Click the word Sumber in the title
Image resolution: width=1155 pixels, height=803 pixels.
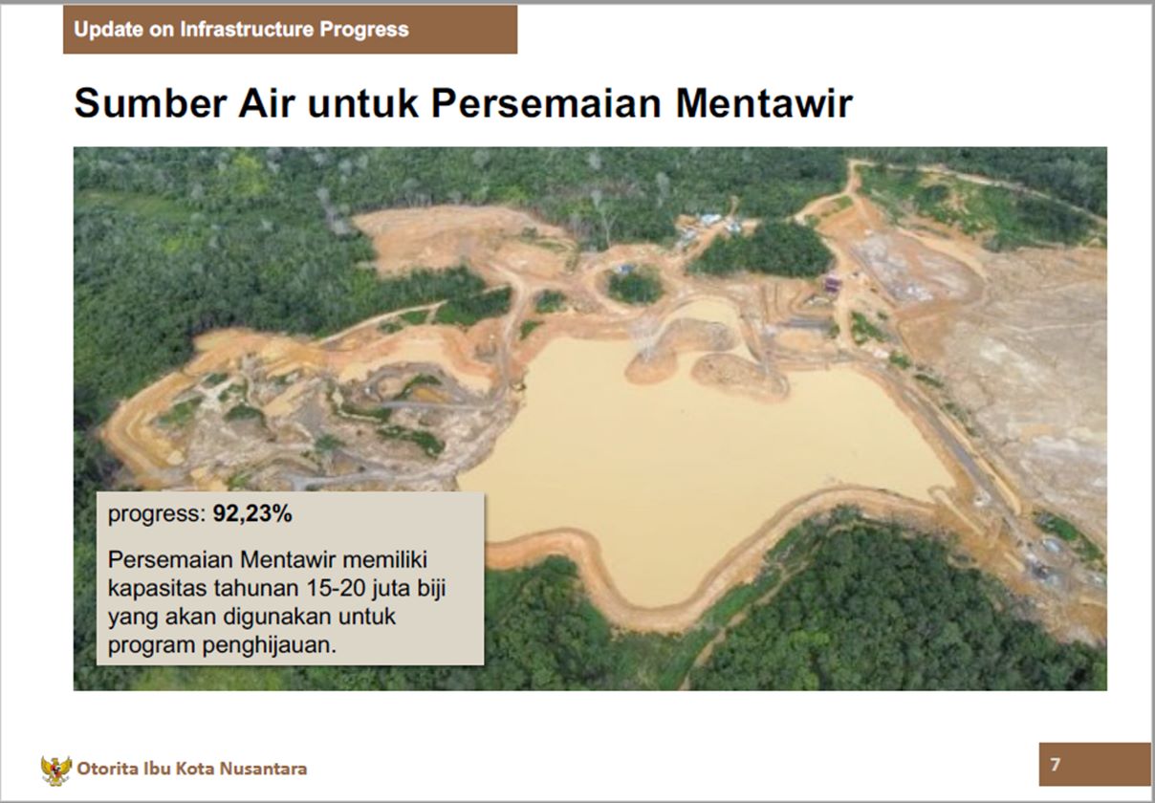[150, 103]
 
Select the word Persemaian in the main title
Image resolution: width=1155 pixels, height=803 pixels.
[546, 103]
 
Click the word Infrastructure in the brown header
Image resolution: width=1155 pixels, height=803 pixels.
[247, 30]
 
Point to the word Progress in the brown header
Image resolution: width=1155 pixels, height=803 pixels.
[364, 30]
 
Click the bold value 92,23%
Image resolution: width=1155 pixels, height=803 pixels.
[252, 513]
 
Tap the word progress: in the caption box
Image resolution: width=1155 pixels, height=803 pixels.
[157, 514]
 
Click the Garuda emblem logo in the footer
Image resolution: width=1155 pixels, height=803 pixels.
[56, 770]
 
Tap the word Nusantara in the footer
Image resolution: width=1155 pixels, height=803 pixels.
[263, 769]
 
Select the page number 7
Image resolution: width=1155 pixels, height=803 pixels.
[1056, 765]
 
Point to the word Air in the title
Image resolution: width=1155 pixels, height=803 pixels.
[266, 103]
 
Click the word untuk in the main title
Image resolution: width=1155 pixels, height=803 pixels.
[362, 103]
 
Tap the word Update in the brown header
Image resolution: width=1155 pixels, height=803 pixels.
[108, 30]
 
